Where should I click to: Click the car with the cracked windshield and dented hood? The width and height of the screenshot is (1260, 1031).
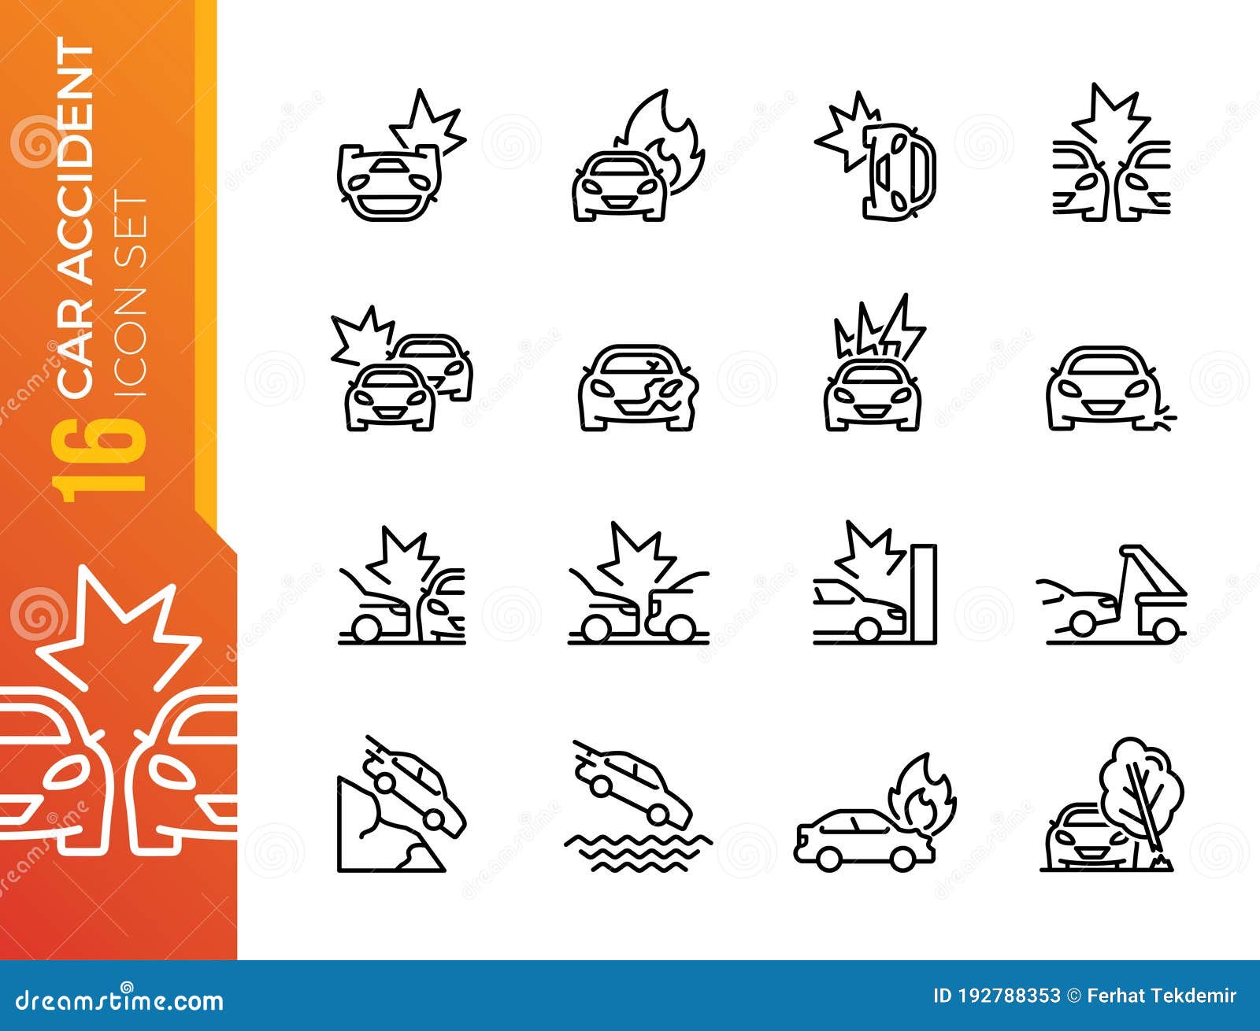pos(638,387)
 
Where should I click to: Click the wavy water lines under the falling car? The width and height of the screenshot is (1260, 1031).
pos(638,852)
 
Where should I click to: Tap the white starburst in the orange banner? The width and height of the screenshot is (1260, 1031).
pos(118,630)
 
